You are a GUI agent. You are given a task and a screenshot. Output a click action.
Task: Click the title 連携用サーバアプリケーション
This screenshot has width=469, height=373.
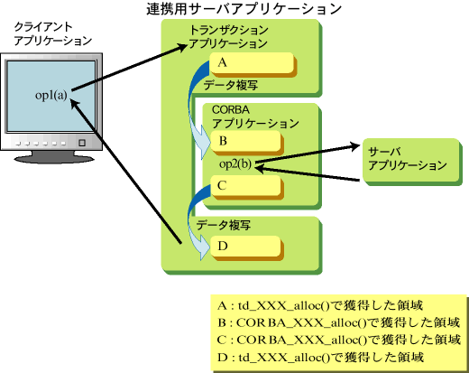click(x=244, y=9)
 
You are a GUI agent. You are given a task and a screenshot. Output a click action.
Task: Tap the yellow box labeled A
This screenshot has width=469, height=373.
click(x=252, y=63)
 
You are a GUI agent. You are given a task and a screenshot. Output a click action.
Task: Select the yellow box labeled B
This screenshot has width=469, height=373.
click(x=246, y=141)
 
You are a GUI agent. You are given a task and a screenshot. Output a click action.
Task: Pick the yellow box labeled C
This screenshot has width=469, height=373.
click(x=246, y=185)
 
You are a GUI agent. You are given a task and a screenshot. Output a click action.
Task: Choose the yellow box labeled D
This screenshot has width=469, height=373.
click(x=246, y=247)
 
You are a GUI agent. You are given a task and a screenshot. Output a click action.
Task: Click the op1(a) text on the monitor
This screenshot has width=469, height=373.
click(x=51, y=96)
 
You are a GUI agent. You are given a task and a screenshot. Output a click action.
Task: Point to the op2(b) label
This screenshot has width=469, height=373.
click(x=235, y=163)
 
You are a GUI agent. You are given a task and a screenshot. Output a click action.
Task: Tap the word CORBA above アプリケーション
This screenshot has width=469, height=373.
click(x=231, y=109)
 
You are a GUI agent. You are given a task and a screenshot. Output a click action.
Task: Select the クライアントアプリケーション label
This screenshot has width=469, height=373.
click(x=52, y=33)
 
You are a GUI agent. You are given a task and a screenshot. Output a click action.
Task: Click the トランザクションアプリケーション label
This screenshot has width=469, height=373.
click(x=228, y=37)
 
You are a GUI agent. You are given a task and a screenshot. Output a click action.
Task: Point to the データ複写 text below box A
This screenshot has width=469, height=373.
click(x=231, y=85)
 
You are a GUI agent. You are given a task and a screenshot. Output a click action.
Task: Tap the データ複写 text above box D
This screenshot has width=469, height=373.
click(x=224, y=225)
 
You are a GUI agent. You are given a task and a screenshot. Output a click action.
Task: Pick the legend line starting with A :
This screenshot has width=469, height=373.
click(x=320, y=305)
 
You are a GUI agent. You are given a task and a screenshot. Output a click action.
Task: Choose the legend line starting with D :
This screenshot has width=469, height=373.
click(x=320, y=358)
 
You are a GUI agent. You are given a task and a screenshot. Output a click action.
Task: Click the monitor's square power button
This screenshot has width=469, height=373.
click(x=82, y=143)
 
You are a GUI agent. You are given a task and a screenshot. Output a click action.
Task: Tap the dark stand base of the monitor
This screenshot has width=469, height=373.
click(x=54, y=158)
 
